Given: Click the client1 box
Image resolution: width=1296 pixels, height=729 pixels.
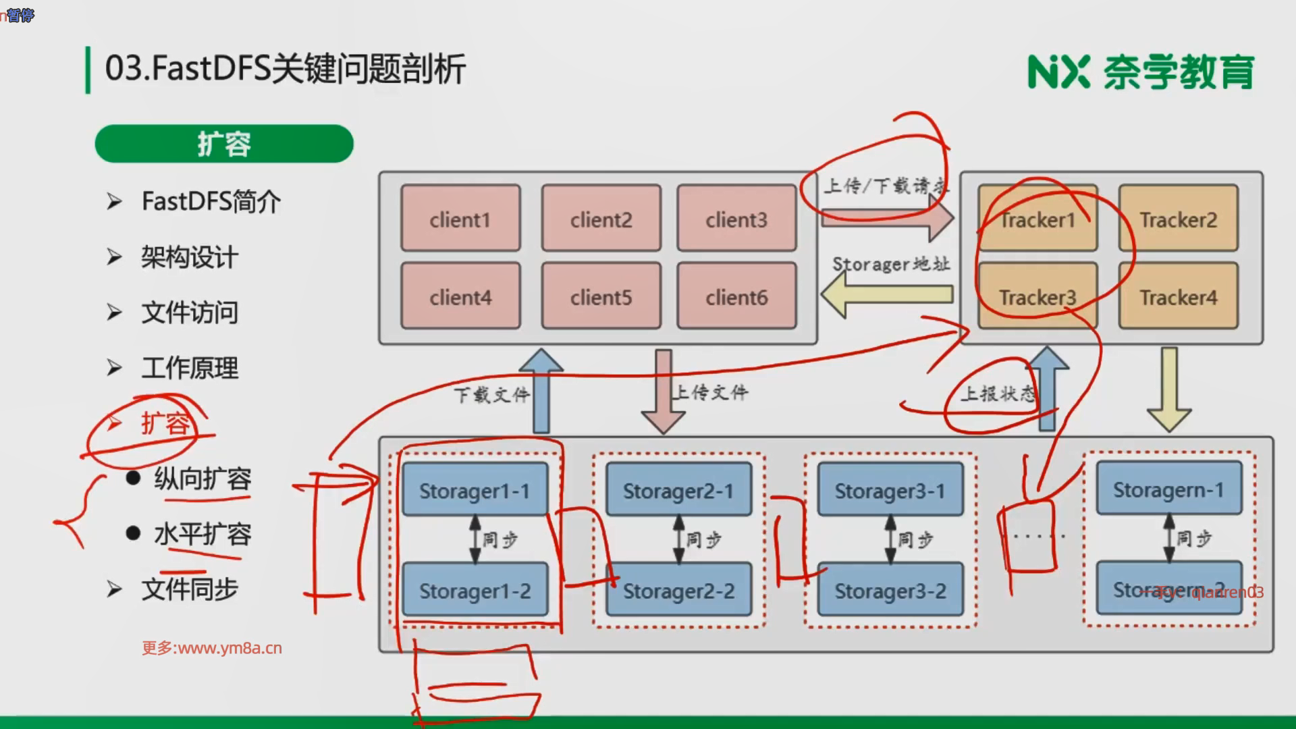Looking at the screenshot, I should coord(460,219).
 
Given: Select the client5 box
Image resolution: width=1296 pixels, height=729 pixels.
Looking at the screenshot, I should coord(601,296).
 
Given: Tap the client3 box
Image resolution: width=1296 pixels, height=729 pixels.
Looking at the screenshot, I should coord(736,219).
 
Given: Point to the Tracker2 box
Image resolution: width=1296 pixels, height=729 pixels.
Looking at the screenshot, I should coord(1178,219).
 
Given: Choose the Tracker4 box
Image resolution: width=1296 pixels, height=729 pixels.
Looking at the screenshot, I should coord(1178,296).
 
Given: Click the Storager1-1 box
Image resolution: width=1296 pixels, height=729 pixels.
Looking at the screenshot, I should coord(475,490).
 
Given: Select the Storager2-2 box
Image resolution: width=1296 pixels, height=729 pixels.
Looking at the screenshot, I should coord(678,590).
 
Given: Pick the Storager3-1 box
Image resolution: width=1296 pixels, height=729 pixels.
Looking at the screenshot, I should coord(890,490).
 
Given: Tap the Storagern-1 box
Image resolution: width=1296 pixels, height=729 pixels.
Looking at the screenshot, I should coord(1168,489).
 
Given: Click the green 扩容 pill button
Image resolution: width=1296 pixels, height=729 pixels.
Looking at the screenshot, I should coord(224,143).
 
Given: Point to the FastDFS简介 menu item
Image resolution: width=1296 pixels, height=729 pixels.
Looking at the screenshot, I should coord(211,201).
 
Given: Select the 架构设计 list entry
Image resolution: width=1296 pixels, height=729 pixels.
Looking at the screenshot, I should coord(189,257).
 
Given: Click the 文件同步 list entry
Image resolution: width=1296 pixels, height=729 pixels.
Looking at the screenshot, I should coord(189,589).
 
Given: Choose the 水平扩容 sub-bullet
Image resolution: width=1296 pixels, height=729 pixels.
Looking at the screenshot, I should coord(202,534).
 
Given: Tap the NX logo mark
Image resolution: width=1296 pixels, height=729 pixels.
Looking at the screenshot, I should coord(1058,72).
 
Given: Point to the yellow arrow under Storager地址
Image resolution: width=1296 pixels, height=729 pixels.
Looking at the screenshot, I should coord(887,294).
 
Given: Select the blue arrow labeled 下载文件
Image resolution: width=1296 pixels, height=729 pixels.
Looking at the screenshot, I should coord(541,391).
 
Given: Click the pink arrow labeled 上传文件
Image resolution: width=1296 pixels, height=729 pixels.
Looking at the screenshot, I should coord(664,391).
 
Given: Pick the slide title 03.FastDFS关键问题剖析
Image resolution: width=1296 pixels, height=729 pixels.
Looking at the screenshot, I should coord(285,69).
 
